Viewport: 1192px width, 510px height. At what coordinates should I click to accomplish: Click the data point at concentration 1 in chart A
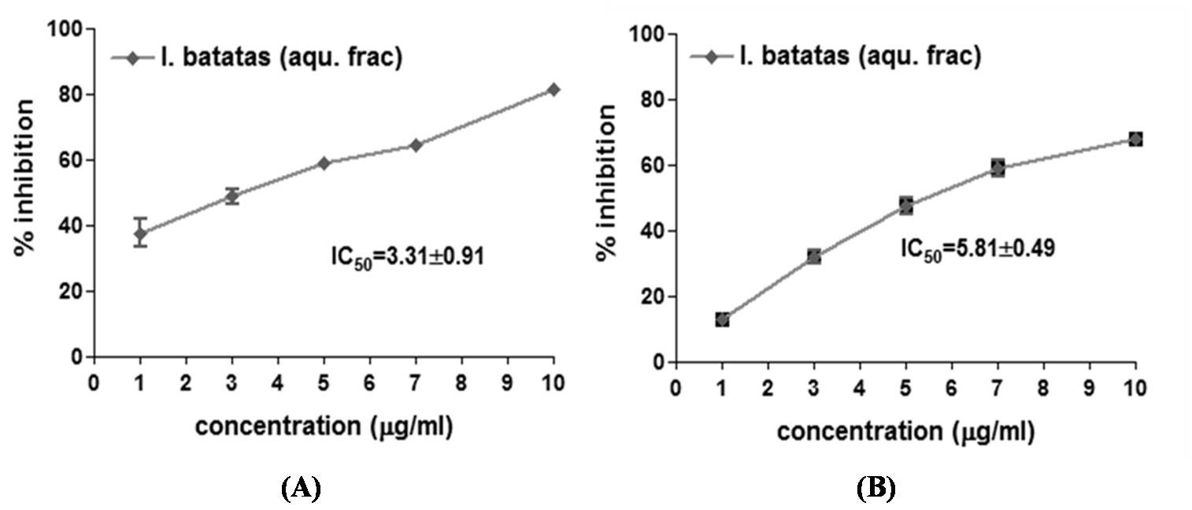[x=140, y=234]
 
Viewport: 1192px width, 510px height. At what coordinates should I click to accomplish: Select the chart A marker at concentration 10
[x=553, y=90]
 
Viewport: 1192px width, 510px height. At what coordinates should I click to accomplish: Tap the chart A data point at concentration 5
[x=324, y=163]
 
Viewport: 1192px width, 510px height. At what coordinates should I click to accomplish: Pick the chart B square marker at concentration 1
[x=722, y=319]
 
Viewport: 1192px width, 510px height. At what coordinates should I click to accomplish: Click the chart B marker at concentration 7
[x=998, y=168]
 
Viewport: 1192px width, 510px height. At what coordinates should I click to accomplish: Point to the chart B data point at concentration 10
[x=1135, y=140]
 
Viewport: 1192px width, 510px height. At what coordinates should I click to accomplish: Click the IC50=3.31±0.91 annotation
[x=406, y=256]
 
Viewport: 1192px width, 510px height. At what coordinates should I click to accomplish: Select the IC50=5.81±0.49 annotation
[x=978, y=248]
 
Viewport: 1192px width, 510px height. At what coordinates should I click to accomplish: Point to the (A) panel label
[x=302, y=489]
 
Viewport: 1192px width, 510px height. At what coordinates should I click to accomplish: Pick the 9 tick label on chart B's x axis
[x=1089, y=389]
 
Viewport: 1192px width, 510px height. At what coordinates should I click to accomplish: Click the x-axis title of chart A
[x=324, y=426]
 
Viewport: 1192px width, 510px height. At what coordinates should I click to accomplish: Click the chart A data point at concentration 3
[x=231, y=196]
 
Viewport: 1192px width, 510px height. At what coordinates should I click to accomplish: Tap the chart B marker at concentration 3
[x=813, y=256]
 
